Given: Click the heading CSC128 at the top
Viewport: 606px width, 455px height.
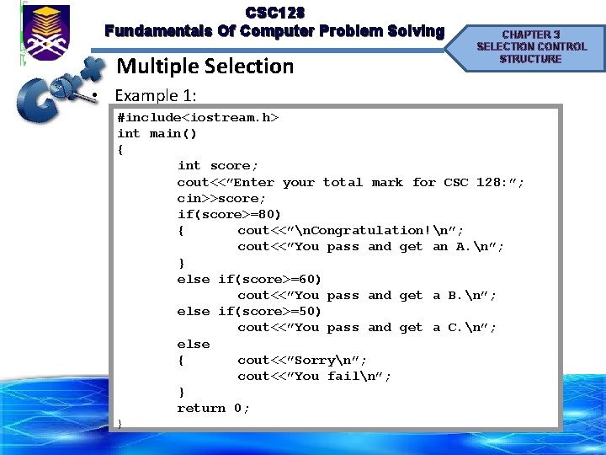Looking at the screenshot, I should click(x=274, y=13).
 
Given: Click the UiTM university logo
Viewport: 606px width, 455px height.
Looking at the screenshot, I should click(x=47, y=33).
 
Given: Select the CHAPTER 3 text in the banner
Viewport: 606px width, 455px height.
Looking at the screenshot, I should click(x=531, y=34).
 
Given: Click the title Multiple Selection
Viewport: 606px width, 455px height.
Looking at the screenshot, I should click(x=205, y=66).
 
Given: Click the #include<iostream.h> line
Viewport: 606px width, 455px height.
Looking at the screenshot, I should click(x=198, y=117).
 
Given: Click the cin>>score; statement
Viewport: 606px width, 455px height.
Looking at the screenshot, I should click(x=221, y=198).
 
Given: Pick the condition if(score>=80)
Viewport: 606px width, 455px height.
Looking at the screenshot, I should click(x=229, y=214).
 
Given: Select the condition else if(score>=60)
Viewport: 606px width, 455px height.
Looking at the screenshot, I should click(x=249, y=279).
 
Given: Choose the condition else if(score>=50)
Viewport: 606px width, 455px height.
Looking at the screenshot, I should click(x=249, y=311).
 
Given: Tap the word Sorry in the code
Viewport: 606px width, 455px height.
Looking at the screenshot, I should click(x=316, y=360).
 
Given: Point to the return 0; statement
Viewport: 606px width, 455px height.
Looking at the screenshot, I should click(x=213, y=408).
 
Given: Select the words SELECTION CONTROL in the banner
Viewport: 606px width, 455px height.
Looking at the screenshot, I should click(x=531, y=46).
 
